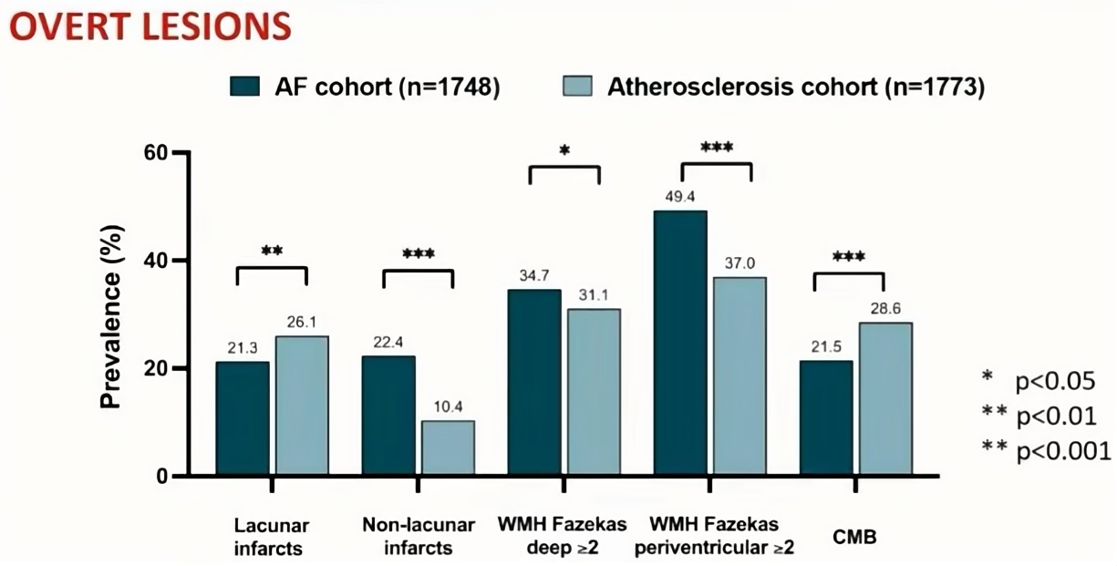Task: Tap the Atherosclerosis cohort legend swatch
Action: click(x=575, y=87)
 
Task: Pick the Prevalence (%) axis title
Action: click(x=112, y=314)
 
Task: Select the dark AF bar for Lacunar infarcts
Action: click(x=243, y=419)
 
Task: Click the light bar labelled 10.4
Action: click(x=447, y=448)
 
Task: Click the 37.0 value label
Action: click(x=739, y=262)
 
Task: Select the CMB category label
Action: click(x=853, y=537)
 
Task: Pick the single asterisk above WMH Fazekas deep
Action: click(x=564, y=151)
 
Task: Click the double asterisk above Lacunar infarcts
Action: click(x=272, y=251)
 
